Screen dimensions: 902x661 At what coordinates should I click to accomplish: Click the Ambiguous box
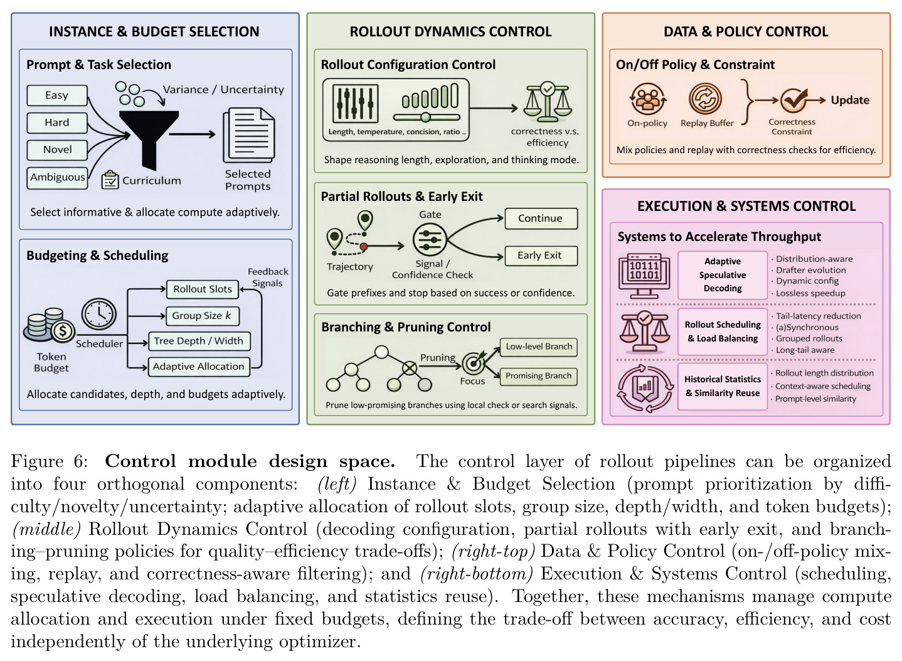pos(57,178)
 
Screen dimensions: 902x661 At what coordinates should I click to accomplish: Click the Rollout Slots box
pos(203,289)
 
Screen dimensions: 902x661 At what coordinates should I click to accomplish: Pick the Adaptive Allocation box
pos(199,367)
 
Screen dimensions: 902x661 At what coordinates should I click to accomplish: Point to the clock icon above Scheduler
pos(99,314)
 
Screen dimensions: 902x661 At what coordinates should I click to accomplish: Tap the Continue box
pos(541,218)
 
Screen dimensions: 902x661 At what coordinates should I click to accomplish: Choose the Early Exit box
pos(541,255)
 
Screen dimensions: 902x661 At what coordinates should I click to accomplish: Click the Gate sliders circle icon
pos(430,239)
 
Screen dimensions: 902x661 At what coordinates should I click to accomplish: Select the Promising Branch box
pos(538,377)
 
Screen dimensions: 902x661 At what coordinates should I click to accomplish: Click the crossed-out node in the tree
pos(410,368)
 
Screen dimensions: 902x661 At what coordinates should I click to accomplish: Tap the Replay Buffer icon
pos(705,99)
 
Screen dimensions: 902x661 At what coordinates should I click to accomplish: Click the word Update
pos(850,100)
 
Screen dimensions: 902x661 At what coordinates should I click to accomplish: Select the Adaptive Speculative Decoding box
pos(723,275)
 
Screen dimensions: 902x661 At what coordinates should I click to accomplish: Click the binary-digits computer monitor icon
pos(644,276)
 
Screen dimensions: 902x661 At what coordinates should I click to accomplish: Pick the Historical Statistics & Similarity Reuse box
pos(723,387)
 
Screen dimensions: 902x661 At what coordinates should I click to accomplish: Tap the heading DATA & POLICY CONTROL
pos(746,32)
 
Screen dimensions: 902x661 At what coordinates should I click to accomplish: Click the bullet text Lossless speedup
pos(810,293)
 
